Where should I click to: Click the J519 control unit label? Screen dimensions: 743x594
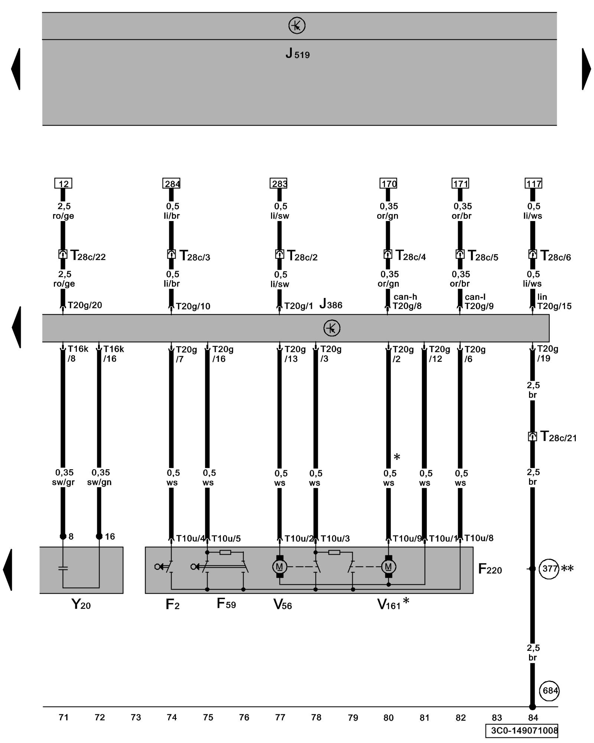(x=297, y=54)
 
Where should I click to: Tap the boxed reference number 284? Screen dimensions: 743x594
(x=172, y=184)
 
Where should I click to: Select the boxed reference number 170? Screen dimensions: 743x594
(x=389, y=184)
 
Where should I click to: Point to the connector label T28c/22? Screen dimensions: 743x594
(x=88, y=256)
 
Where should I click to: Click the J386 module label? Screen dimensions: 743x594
(x=331, y=304)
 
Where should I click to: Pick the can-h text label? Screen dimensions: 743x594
(x=405, y=297)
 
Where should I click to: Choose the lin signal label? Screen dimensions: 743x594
(x=542, y=297)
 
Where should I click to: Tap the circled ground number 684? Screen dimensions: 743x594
(x=549, y=691)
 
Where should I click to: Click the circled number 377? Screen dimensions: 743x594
(x=549, y=569)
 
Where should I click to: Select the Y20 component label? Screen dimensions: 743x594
(x=81, y=604)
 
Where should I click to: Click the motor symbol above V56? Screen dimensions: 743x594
(x=280, y=567)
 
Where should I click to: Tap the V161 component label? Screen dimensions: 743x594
(x=389, y=605)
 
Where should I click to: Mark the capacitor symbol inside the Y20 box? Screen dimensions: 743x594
(x=63, y=568)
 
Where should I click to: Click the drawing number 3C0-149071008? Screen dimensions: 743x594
(x=522, y=731)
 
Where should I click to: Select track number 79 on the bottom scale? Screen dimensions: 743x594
(x=353, y=718)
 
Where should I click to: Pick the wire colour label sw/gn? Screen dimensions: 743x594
(x=99, y=482)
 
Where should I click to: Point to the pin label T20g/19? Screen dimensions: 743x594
(x=548, y=354)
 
